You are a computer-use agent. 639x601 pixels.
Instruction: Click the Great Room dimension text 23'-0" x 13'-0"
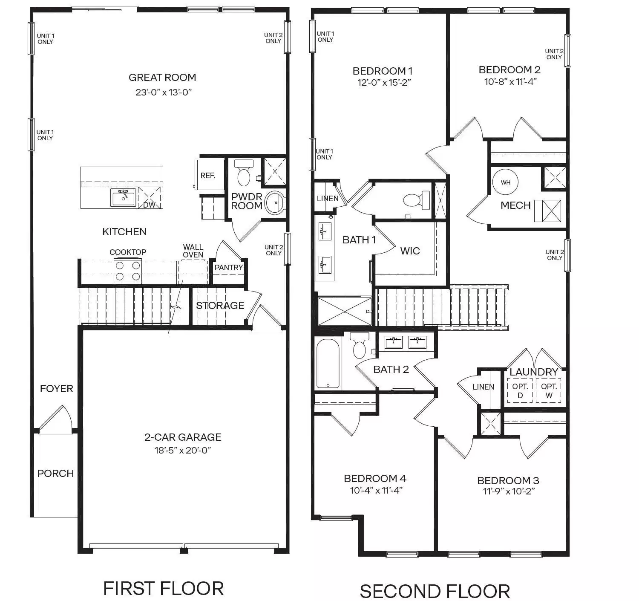[164, 92]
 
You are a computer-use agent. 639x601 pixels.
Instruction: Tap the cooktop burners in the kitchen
[128, 271]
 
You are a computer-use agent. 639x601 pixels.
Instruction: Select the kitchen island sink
[123, 197]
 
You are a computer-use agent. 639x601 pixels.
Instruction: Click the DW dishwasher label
[149, 205]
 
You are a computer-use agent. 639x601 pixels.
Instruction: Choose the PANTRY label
[228, 267]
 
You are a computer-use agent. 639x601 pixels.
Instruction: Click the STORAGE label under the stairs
[220, 305]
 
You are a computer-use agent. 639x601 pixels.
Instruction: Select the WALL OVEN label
[193, 251]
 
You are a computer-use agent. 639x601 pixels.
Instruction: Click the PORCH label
[55, 474]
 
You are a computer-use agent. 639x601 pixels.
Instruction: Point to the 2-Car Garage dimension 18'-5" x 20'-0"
[183, 450]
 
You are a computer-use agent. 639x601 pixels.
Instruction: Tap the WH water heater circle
[505, 182]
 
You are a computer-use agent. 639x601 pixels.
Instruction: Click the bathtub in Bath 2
[328, 364]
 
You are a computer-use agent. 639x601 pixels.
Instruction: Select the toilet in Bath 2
[360, 346]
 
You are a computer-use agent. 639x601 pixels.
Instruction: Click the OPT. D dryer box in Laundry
[520, 391]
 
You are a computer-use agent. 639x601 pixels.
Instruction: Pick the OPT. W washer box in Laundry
[549, 391]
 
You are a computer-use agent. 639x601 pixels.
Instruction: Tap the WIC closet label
[410, 251]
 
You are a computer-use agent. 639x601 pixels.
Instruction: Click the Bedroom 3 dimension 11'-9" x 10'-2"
[508, 491]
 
